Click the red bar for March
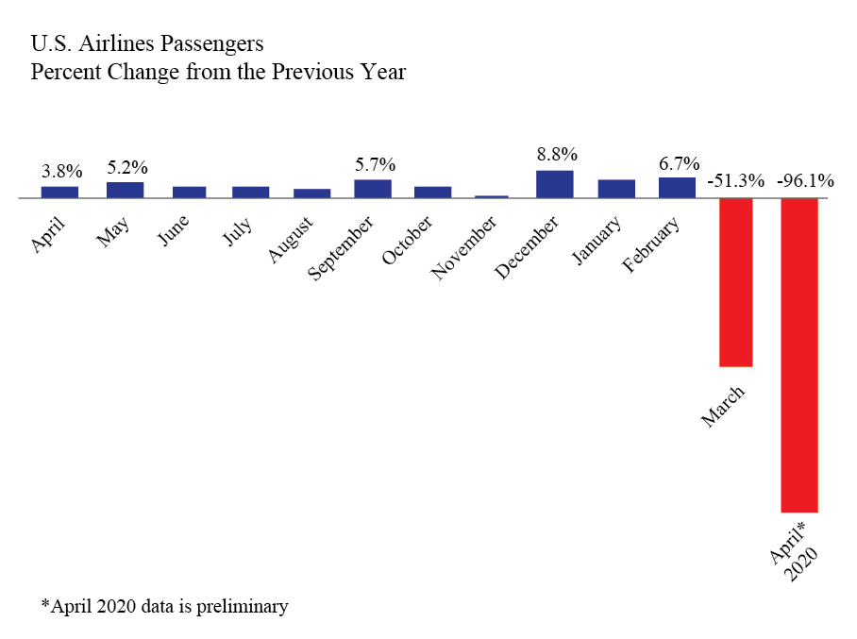[x=736, y=282]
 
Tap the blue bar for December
[x=554, y=184]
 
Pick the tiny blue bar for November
[x=492, y=196]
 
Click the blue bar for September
[x=373, y=189]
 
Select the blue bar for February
[x=677, y=187]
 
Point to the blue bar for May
[x=125, y=190]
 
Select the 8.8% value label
[x=557, y=154]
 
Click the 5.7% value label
[x=375, y=164]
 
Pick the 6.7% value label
[x=679, y=161]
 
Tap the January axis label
[x=598, y=238]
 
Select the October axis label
[x=409, y=240]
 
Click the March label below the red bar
[x=723, y=405]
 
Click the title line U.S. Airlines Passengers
[x=147, y=43]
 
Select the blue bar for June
[x=189, y=192]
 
